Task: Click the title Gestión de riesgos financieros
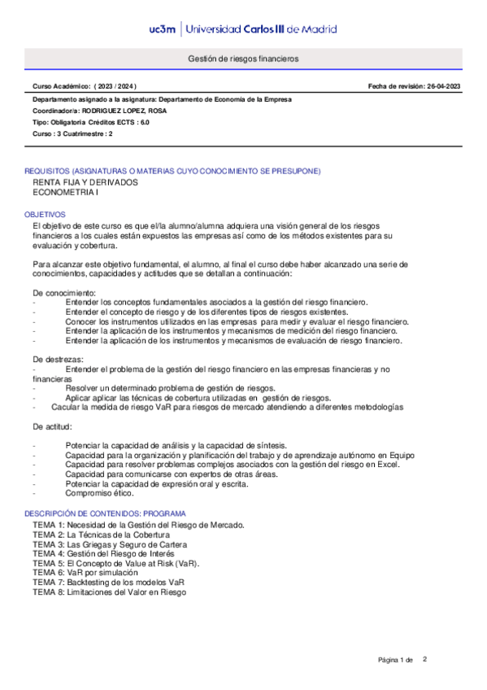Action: (x=243, y=59)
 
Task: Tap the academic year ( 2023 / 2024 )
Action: (x=115, y=86)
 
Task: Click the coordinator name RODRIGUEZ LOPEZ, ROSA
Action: (x=124, y=111)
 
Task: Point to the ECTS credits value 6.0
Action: (x=145, y=122)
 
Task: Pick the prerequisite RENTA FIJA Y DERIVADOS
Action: (x=85, y=183)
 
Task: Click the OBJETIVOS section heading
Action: (x=46, y=214)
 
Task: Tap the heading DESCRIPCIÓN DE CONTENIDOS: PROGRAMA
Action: (x=106, y=514)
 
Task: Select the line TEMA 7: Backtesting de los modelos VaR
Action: (x=108, y=583)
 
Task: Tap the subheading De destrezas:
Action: (x=58, y=359)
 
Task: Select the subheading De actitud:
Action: (x=53, y=426)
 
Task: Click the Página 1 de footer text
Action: (x=396, y=658)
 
